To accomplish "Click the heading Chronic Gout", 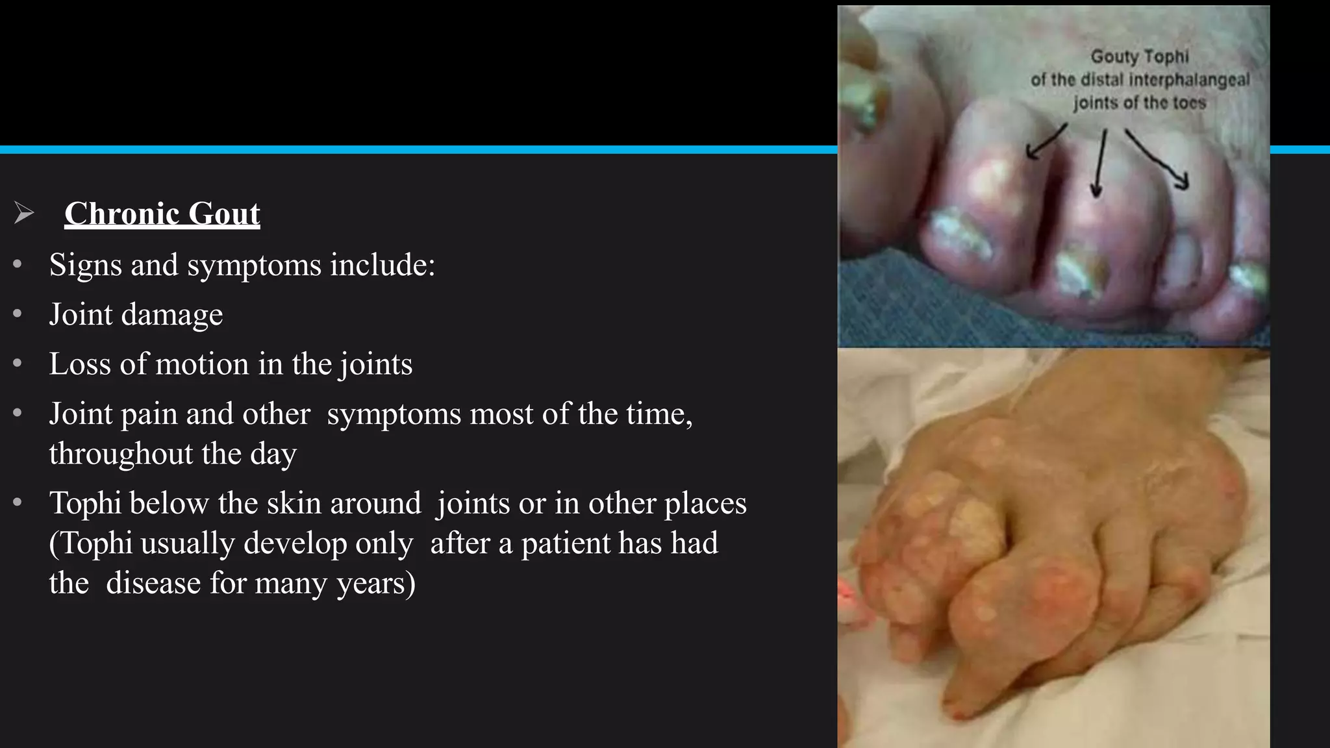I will point(162,214).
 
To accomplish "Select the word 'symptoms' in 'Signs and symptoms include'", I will point(254,266).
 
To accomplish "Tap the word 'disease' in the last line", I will point(153,583).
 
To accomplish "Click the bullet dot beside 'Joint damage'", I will point(18,314).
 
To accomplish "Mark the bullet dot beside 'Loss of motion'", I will point(18,364).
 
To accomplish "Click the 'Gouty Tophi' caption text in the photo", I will point(1139,57).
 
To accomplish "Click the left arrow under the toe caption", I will point(1046,142).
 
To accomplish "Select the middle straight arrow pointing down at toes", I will point(1099,162).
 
